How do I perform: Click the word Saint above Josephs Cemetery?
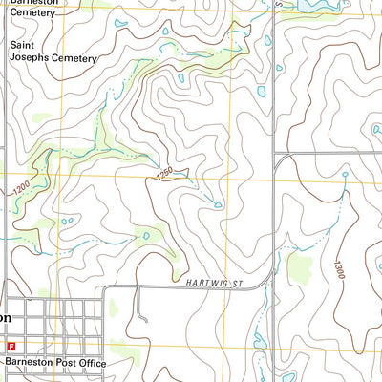[24, 44]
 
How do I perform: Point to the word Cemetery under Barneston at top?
[32, 13]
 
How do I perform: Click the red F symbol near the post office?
[11, 345]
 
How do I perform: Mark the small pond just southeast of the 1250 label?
[218, 203]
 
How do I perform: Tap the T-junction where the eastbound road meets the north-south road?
[275, 154]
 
